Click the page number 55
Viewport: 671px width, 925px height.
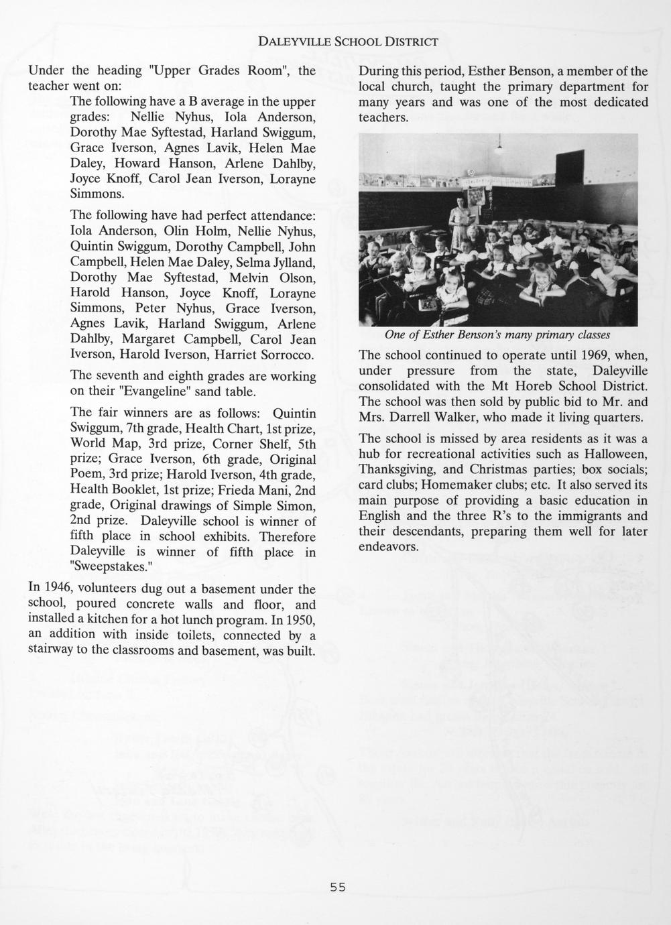[x=337, y=887]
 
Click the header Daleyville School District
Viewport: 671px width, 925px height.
[x=348, y=42]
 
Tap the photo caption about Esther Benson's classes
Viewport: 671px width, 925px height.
[x=497, y=334]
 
